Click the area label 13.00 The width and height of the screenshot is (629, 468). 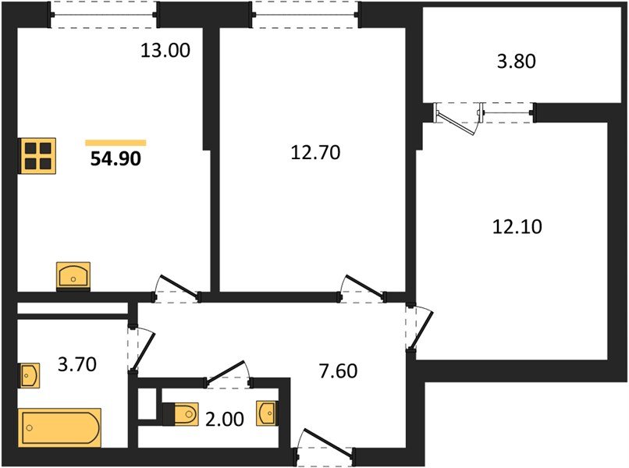coord(165,51)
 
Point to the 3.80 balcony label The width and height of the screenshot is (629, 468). coord(516,61)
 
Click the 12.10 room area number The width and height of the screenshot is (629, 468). coord(517,227)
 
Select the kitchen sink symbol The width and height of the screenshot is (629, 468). coord(74,275)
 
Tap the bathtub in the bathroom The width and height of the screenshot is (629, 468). coord(60,427)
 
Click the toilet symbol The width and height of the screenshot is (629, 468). coord(182,413)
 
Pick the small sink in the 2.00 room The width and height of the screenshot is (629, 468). coord(266,413)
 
